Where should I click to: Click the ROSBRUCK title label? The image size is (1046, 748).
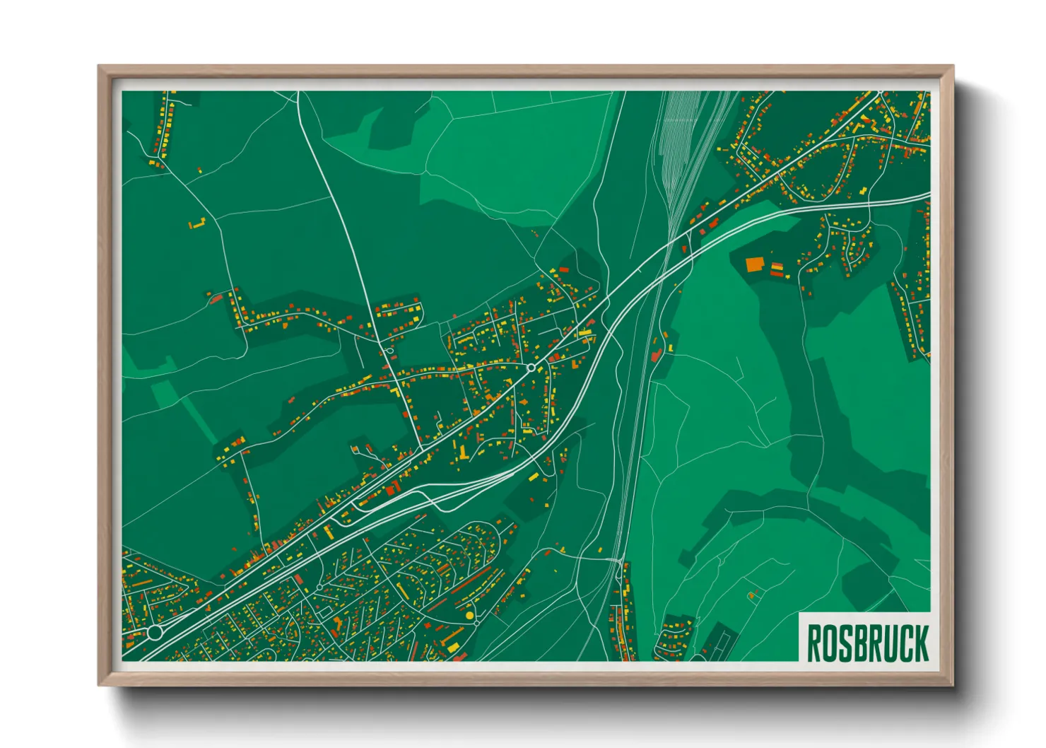[867, 643]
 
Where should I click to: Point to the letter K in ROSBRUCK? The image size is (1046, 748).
[921, 643]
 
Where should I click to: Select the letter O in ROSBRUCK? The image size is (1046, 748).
[828, 643]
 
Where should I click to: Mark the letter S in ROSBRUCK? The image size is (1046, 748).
[843, 643]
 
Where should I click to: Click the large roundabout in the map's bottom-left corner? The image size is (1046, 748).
[154, 632]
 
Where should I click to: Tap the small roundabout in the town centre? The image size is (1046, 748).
[530, 368]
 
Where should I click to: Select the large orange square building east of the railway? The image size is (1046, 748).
[756, 264]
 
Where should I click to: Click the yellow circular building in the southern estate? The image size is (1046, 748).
[469, 616]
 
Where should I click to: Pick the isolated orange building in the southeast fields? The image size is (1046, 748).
[752, 595]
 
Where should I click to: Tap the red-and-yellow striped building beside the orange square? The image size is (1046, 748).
[777, 268]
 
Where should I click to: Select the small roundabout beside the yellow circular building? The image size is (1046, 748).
[477, 623]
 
